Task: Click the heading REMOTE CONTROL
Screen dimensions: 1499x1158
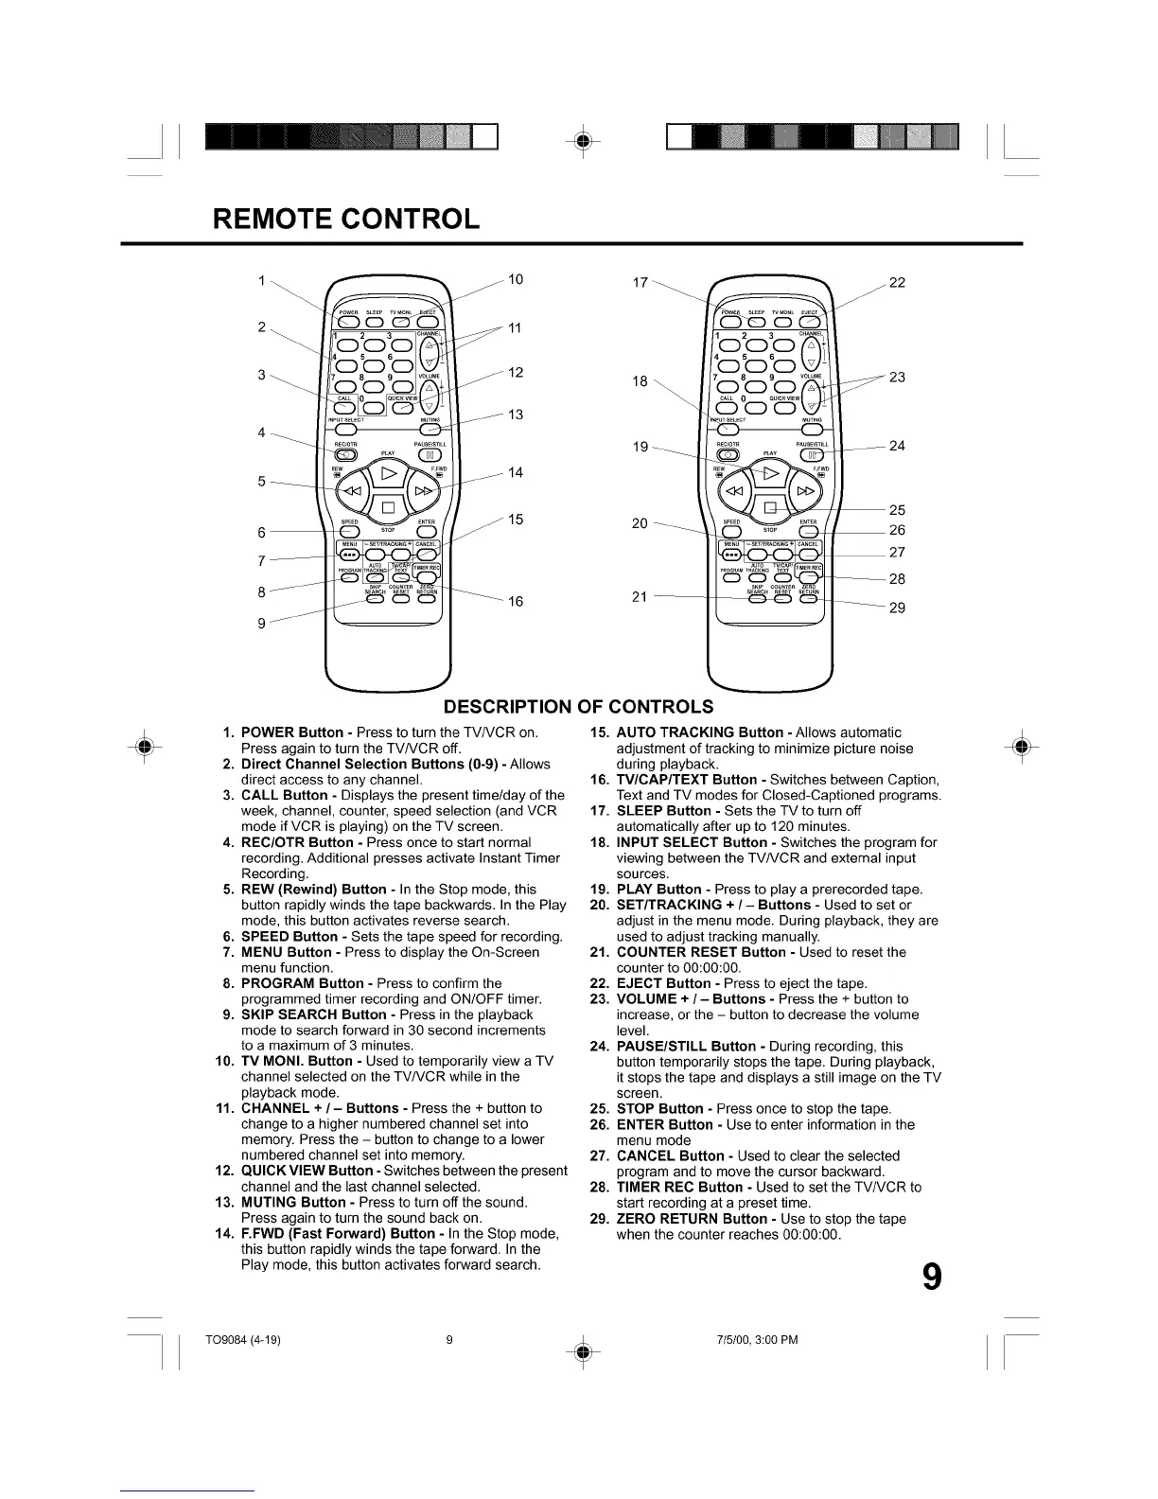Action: coord(346,220)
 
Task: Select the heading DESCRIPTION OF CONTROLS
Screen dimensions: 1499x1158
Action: coord(578,707)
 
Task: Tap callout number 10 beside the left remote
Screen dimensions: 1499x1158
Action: coord(516,279)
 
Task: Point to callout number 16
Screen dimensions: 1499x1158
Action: coord(516,601)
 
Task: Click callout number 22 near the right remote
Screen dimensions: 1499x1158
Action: coord(898,282)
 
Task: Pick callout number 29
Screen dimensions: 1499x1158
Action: coord(897,608)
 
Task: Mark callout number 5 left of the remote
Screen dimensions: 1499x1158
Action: coord(261,481)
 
